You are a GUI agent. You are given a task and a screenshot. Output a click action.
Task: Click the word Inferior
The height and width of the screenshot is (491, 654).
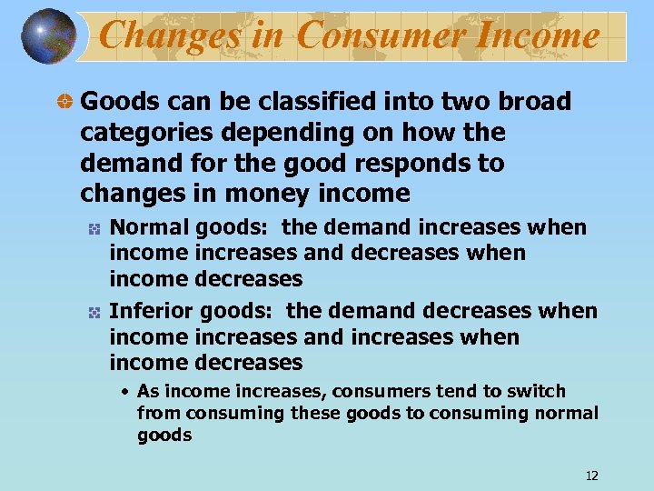pyautogui.click(x=151, y=311)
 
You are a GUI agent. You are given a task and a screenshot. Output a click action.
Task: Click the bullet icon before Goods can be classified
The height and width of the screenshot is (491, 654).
pyautogui.click(x=64, y=102)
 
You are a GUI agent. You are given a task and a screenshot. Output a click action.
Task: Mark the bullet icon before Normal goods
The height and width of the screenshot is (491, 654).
pyautogui.click(x=93, y=228)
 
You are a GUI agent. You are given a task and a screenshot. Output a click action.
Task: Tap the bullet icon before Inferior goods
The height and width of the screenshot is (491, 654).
pyautogui.click(x=93, y=312)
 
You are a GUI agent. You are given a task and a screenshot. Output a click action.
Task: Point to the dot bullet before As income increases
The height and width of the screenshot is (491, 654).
pyautogui.click(x=126, y=392)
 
